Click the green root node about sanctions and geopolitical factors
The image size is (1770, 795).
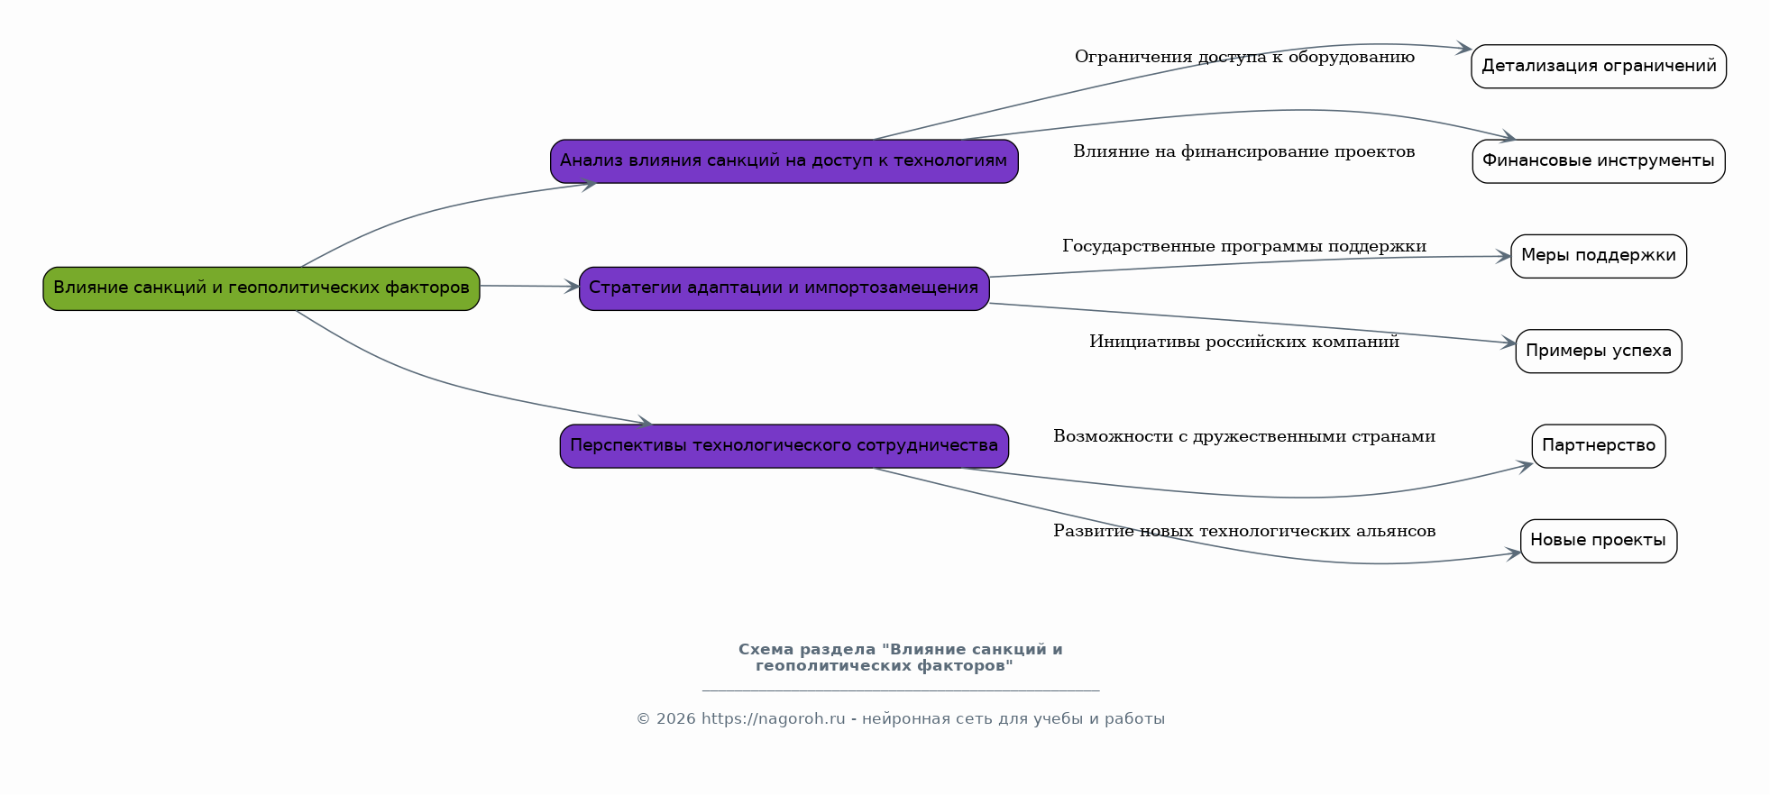[x=261, y=288]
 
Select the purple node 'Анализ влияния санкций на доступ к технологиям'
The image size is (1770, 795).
[x=784, y=161]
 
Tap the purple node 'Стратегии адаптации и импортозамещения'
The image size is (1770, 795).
[x=784, y=288]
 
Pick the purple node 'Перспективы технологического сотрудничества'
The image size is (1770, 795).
[x=784, y=446]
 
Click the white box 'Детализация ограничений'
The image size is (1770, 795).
[x=1599, y=67]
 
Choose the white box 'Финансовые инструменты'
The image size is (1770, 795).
[x=1599, y=161]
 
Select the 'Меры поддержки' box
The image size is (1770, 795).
[x=1599, y=256]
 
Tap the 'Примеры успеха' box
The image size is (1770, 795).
[x=1599, y=352]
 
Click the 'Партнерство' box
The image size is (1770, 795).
[x=1599, y=446]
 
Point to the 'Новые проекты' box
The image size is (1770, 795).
[x=1599, y=541]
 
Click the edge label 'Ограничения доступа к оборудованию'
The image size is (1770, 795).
[x=1244, y=57]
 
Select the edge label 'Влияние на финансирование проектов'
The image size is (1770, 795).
[x=1244, y=151]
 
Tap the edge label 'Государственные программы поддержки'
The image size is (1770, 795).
[x=1244, y=246]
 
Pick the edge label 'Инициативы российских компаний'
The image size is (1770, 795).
[x=1244, y=342]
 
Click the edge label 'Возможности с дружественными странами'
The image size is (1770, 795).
[x=1244, y=436]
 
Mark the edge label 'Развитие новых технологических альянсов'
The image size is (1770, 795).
[x=1244, y=531]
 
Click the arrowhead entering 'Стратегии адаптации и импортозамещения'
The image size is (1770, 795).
[x=572, y=287]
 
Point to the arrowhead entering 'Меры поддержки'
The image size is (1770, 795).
[x=1503, y=257]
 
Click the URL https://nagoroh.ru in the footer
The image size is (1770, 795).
[x=774, y=719]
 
